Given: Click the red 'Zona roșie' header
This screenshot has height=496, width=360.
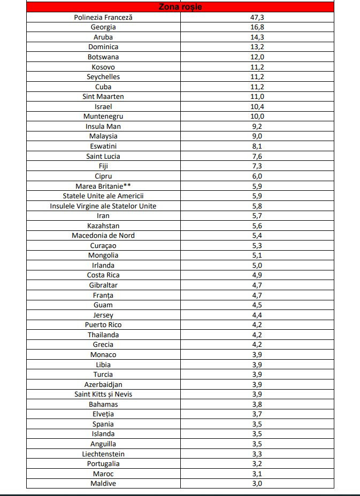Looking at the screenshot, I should (180, 7).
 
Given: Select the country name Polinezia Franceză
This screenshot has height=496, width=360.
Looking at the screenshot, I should (103, 17).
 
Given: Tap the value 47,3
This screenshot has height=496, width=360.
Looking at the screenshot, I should (257, 17).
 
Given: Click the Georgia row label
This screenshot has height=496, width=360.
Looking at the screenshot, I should (103, 27).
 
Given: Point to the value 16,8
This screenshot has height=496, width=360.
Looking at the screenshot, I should (257, 27).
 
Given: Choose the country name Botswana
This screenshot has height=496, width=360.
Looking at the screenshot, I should (103, 57).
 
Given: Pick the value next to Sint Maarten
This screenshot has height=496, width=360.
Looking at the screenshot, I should (257, 96).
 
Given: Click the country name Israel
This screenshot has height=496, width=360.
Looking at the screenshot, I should (103, 106).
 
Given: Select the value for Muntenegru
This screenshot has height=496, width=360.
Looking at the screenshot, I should (257, 116).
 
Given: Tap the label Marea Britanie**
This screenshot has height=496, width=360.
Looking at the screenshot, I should (103, 186).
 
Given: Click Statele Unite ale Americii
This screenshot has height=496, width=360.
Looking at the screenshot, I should (103, 196).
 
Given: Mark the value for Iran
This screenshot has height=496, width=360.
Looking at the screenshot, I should (257, 215).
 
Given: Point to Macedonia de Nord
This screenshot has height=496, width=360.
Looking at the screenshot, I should (103, 235).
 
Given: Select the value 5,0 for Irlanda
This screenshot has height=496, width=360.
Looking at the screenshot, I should (257, 265).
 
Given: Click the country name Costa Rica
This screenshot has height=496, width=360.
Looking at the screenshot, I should (103, 275).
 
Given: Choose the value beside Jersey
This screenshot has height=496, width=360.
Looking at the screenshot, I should (257, 315).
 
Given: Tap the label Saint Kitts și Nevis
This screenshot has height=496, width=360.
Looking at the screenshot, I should (103, 394).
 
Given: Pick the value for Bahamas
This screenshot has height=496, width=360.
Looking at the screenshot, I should (257, 404).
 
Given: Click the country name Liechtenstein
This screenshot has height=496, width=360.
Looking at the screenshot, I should (103, 454).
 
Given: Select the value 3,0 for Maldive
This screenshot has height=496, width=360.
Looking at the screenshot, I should (257, 483).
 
